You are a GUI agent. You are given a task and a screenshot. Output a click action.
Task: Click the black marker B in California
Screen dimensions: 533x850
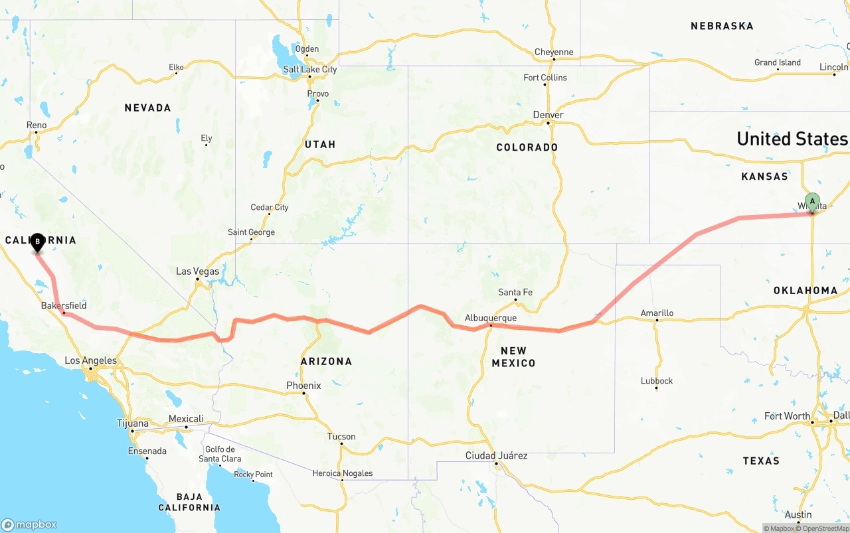[38, 242]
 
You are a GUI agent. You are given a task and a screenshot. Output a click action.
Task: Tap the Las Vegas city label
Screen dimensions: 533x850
[197, 271]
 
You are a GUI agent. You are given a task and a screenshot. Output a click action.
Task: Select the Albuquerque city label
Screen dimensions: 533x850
[491, 318]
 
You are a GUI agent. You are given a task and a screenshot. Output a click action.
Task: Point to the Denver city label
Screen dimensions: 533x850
[549, 115]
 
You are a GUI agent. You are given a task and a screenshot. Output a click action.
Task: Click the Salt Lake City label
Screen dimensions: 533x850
[310, 69]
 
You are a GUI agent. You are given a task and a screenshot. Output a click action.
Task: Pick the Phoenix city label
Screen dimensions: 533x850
[303, 386]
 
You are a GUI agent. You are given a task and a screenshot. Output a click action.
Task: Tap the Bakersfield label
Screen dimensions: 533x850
[64, 305]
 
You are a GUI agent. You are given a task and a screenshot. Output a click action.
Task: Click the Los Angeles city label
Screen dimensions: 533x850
[90, 361]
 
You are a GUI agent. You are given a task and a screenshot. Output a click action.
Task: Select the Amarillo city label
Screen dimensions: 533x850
[657, 313]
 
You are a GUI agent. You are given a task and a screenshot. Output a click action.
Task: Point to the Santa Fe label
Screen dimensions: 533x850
[515, 292]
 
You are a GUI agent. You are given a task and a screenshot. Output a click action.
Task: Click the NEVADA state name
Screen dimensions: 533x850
[148, 108]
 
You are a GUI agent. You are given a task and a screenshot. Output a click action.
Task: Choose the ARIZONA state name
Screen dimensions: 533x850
[326, 361]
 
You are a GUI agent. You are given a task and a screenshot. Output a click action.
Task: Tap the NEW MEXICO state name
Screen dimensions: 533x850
[513, 356]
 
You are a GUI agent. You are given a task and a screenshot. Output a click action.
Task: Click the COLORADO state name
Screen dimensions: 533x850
[527, 147]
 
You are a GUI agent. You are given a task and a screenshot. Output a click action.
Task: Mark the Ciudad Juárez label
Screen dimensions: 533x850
[496, 455]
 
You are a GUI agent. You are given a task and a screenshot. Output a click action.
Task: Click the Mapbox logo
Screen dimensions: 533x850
[29, 524]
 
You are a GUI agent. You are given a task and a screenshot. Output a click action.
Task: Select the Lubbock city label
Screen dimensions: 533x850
[657, 381]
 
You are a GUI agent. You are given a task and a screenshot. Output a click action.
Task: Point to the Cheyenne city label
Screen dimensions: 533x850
[554, 52]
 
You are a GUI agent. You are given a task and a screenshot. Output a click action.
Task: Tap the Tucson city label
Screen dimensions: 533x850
[341, 437]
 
